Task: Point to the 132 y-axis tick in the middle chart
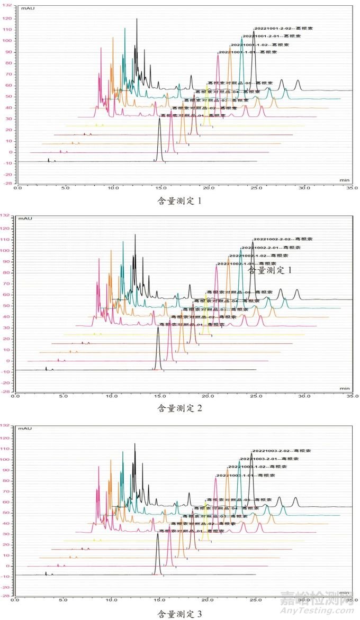[x=7, y=215]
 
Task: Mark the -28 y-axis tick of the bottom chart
[x=7, y=596]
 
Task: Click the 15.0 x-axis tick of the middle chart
[x=159, y=395]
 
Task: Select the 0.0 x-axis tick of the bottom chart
[x=17, y=600]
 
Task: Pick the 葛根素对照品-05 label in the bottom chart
[x=239, y=500]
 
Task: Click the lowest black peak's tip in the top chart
[x=159, y=118]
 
